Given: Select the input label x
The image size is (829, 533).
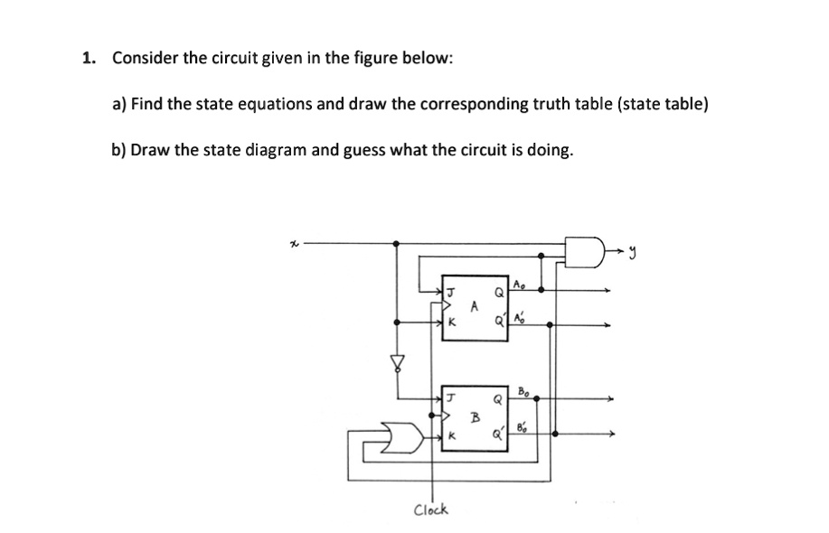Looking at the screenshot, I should [293, 243].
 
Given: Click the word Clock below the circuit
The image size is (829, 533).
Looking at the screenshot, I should [430, 510].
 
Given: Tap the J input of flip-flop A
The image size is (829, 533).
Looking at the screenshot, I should [449, 291].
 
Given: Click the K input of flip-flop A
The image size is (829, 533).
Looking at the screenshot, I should [449, 323].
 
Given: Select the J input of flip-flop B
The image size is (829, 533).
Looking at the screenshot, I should [450, 397].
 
